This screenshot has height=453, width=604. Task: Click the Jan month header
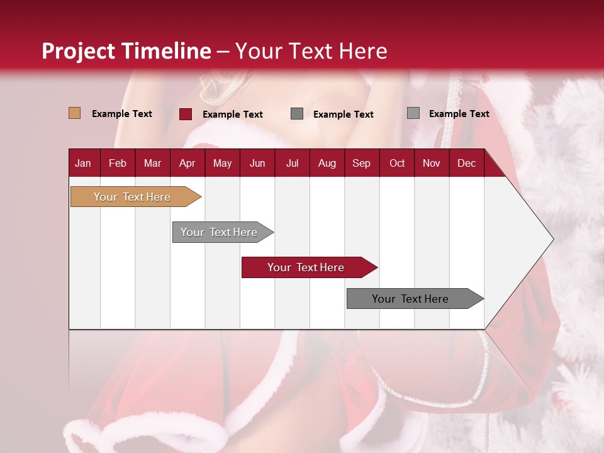coord(83,164)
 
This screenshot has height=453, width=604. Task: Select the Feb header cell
coord(118,164)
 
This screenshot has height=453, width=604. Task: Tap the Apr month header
coord(187,164)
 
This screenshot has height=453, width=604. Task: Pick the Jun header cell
coord(257,164)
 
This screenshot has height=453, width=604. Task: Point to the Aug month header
coord(327,164)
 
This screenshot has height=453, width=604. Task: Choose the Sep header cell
coord(361,164)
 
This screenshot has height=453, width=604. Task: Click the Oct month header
coord(397,164)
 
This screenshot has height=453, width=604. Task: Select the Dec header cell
coord(466,164)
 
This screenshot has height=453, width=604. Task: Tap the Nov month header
coord(432,164)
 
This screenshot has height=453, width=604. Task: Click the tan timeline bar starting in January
coord(133,197)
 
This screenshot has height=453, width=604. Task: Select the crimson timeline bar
coord(306,267)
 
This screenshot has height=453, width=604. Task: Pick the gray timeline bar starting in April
coord(220,232)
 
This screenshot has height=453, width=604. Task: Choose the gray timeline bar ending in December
coord(411,299)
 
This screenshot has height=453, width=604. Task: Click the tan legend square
coord(74,113)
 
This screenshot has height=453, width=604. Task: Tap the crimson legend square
coord(186,114)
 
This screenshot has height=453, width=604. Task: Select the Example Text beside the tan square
coord(122,114)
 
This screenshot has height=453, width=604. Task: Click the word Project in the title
coord(77,51)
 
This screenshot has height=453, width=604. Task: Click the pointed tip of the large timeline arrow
coord(552,239)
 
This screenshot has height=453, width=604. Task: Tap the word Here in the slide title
coord(363,51)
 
